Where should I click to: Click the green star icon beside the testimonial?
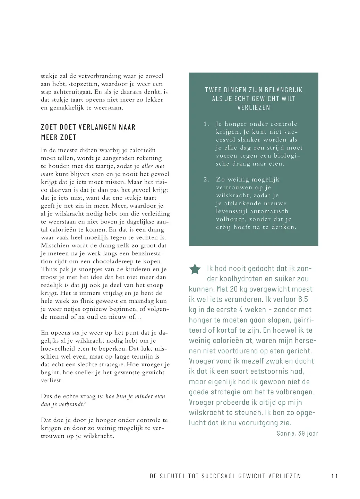pyautogui.click(x=195, y=269)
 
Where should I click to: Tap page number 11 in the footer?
pyautogui.click(x=334, y=476)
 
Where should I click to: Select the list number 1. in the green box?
pyautogui.click(x=206, y=124)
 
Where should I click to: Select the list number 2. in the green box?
pyautogui.click(x=206, y=180)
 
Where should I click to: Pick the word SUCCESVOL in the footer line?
pyautogui.click(x=217, y=476)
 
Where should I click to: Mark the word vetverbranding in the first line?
pyautogui.click(x=98, y=76)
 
